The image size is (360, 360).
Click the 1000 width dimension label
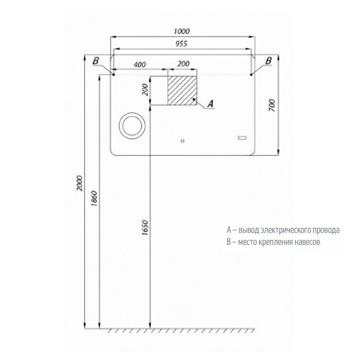pyautogui.click(x=182, y=31)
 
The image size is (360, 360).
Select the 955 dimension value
pyautogui.click(x=181, y=44)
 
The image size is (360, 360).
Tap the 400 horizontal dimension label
pyautogui.click(x=140, y=65)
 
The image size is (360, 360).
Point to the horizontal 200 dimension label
pyautogui.click(x=184, y=64)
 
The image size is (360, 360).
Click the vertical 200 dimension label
pyautogui.click(x=145, y=90)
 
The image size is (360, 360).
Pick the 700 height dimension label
pyautogui.click(x=272, y=106)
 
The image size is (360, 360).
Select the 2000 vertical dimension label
pyautogui.click(x=79, y=183)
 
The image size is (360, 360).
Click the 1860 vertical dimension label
pyautogui.click(x=94, y=199)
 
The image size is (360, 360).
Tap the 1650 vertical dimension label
pyautogui.click(x=145, y=228)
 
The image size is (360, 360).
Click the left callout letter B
pyautogui.click(x=96, y=61)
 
